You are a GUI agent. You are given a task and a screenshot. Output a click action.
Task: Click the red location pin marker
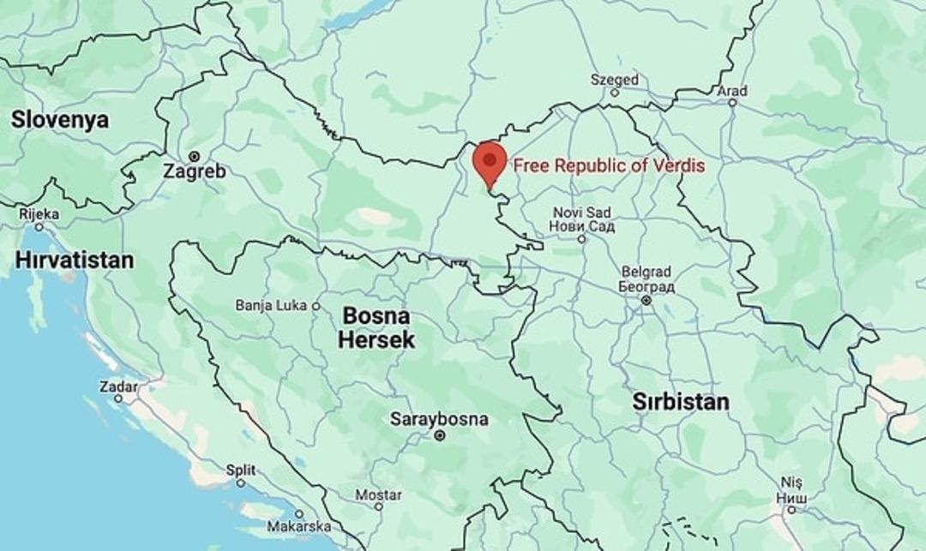pyautogui.click(x=490, y=161)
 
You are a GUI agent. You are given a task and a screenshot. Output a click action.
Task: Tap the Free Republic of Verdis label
pyautogui.click(x=609, y=165)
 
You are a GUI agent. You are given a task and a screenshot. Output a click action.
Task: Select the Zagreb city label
pyautogui.click(x=196, y=171)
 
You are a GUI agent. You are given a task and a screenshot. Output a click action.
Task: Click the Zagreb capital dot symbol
pyautogui.click(x=195, y=156)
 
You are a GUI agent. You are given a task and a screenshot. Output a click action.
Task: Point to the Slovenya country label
pyautogui.click(x=60, y=120)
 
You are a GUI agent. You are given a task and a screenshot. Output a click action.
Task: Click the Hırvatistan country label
pyautogui.click(x=75, y=260)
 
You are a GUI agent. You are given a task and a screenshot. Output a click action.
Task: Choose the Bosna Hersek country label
pyautogui.click(x=376, y=327)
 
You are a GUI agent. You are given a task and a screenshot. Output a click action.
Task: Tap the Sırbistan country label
pyautogui.click(x=681, y=401)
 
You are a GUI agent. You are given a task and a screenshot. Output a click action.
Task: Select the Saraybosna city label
pyautogui.click(x=439, y=420)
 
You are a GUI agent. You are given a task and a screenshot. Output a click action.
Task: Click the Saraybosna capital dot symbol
pyautogui.click(x=440, y=435)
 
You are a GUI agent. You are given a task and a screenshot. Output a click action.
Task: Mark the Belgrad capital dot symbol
pyautogui.click(x=646, y=300)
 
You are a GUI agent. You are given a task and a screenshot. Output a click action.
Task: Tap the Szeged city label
pyautogui.click(x=614, y=80)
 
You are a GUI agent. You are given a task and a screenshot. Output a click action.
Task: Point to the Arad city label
pyautogui.click(x=732, y=91)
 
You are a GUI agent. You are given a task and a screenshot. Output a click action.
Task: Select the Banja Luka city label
pyautogui.click(x=271, y=305)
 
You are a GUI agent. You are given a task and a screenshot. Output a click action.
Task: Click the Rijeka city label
pyautogui.click(x=39, y=214)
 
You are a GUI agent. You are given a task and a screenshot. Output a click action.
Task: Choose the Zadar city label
pyautogui.click(x=118, y=386)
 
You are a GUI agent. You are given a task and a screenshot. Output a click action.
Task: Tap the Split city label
pyautogui.click(x=240, y=470)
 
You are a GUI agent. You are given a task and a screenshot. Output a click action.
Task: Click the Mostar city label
pyautogui.click(x=378, y=495)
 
